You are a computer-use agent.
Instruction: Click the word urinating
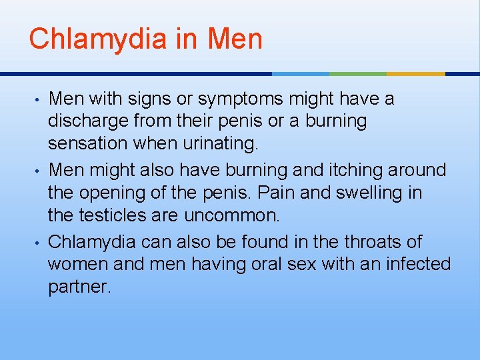[221, 143]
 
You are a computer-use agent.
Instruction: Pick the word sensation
[91, 143]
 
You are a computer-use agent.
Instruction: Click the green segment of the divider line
[358, 73]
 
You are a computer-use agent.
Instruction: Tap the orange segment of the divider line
[416, 73]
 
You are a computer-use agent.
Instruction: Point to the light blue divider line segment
[301, 73]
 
